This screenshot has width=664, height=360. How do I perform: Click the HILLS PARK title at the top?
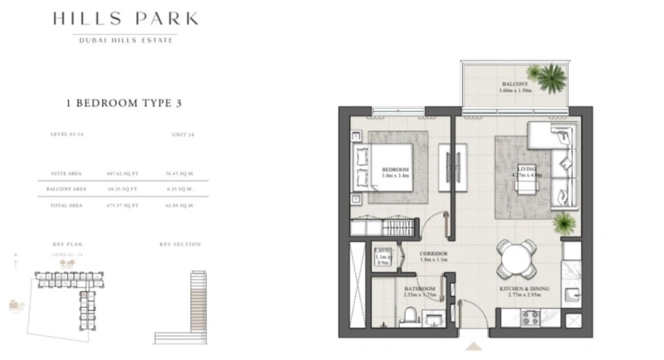(124, 19)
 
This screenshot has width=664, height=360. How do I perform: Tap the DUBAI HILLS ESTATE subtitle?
(124, 40)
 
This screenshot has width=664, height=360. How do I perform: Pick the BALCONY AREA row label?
(63, 189)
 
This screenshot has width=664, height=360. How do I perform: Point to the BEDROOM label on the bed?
(391, 171)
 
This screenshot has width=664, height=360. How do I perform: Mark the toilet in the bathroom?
(408, 317)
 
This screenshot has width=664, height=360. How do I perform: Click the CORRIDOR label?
(431, 255)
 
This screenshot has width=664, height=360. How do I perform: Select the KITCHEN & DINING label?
(521, 289)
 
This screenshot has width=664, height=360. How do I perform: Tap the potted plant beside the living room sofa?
(564, 222)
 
